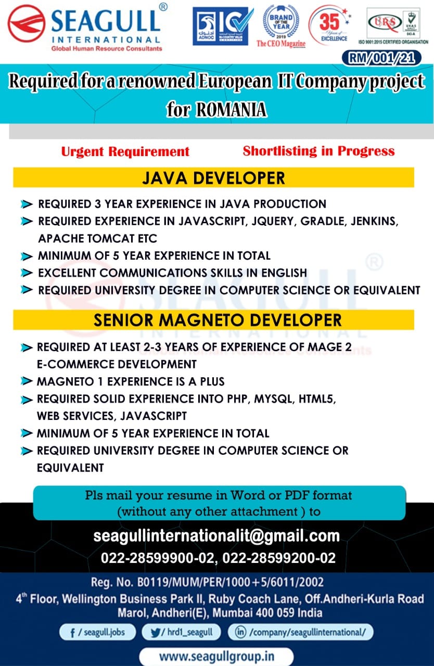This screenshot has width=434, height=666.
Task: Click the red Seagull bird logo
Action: [x=27, y=23]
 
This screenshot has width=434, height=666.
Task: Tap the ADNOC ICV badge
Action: [x=223, y=26]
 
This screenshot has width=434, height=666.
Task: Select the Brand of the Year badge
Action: [x=281, y=26]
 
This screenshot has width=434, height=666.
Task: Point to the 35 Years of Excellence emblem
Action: [x=330, y=25]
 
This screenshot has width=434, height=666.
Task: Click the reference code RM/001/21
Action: [x=381, y=58]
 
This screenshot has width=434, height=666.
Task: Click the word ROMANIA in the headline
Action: [x=231, y=109]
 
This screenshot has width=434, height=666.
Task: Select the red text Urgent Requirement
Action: [x=125, y=151]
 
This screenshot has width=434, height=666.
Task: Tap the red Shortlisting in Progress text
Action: [x=318, y=151]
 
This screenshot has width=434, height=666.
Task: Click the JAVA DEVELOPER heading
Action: [x=213, y=178]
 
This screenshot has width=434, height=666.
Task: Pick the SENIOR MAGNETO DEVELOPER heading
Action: [x=218, y=320]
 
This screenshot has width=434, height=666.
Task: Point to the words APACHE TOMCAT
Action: [x=86, y=238]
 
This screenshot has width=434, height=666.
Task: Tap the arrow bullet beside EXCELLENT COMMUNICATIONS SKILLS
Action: [x=27, y=273]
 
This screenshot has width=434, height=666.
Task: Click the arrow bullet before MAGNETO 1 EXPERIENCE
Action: [x=27, y=381]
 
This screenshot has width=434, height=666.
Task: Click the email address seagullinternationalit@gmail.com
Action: [x=216, y=536]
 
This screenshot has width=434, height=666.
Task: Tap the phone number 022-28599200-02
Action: [x=279, y=558]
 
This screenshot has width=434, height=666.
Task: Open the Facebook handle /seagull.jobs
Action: [x=98, y=632]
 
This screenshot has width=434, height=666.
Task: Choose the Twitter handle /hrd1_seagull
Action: [x=181, y=632]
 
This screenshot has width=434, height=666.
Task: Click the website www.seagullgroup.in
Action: [x=216, y=657]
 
